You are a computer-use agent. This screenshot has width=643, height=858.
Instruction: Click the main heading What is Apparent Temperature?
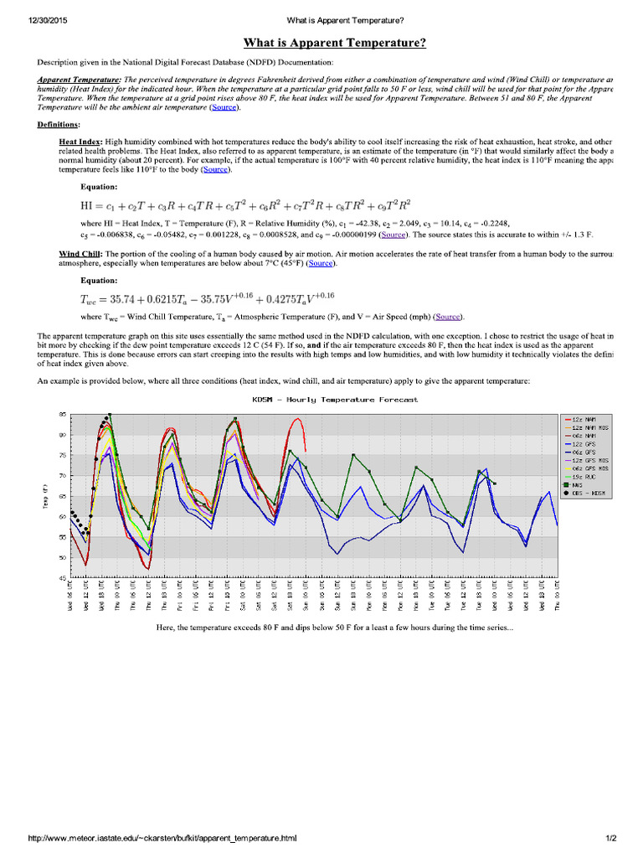(334, 43)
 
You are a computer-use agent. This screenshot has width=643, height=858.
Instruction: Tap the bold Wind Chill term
(80, 253)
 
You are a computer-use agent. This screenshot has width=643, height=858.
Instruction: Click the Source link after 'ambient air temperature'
(224, 107)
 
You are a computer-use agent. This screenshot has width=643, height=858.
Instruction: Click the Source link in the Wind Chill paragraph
(321, 263)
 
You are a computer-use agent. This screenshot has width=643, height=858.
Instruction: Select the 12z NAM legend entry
(583, 418)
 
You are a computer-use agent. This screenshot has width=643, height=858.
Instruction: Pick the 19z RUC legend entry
(583, 476)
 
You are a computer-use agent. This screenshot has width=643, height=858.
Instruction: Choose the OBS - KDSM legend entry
(588, 493)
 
